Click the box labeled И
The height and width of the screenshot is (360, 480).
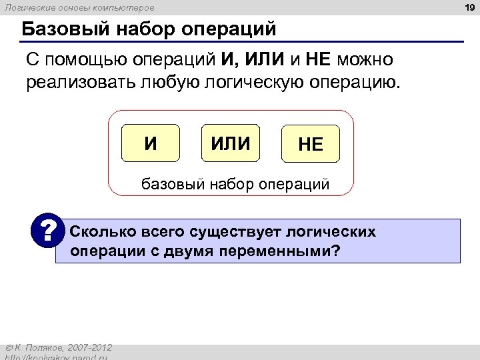[151, 143]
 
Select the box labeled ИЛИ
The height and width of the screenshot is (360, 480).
[231, 143]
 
